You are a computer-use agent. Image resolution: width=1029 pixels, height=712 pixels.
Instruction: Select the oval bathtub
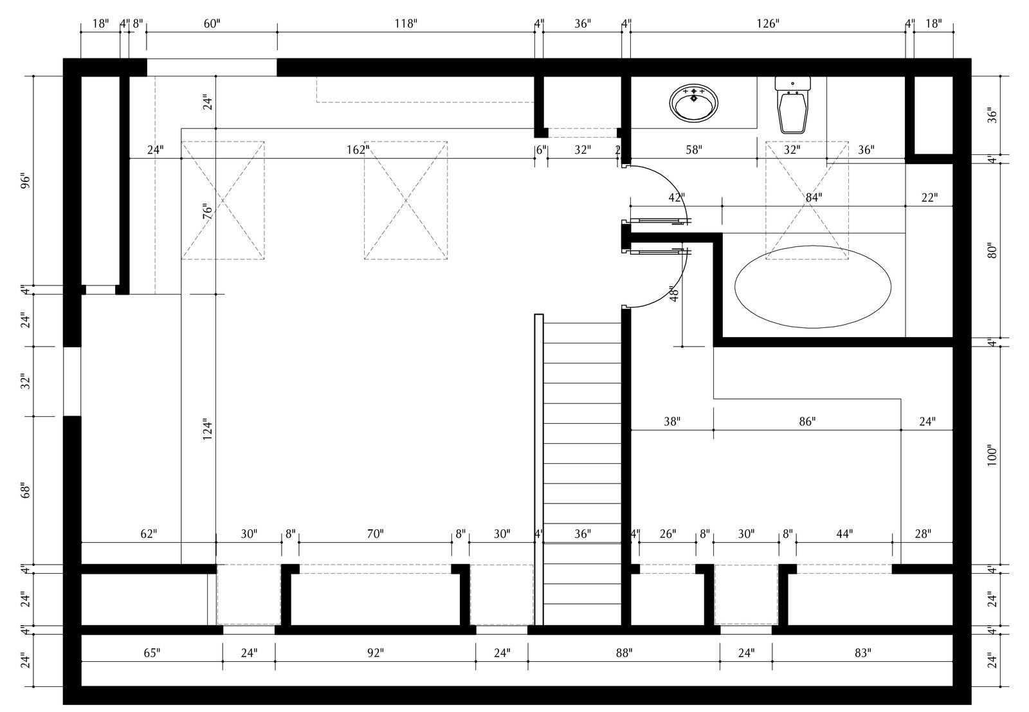point(813,288)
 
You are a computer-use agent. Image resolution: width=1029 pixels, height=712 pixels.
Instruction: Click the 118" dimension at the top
point(405,24)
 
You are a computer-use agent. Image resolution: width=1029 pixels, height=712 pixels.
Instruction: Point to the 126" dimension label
point(768,24)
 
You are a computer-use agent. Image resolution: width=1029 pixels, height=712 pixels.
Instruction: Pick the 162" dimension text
point(358,151)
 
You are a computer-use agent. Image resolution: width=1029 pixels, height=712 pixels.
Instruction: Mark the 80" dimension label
point(992,250)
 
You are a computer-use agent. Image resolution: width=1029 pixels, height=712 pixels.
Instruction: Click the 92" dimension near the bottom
point(376,653)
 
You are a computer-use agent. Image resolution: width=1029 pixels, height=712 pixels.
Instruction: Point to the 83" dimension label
point(862,653)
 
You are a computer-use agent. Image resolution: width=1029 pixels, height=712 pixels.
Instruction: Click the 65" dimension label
point(151,653)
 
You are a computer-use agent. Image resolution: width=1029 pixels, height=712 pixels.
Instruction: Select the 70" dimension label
point(376,534)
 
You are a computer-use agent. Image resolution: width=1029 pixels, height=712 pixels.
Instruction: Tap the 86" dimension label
point(807,422)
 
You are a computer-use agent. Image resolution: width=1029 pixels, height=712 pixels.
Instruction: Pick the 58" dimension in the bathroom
point(693,151)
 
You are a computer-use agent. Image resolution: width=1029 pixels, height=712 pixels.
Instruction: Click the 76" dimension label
point(206,212)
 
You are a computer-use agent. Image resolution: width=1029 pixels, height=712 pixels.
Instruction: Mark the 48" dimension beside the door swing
point(674,294)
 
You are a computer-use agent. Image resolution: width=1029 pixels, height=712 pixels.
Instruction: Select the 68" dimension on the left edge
point(26,491)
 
